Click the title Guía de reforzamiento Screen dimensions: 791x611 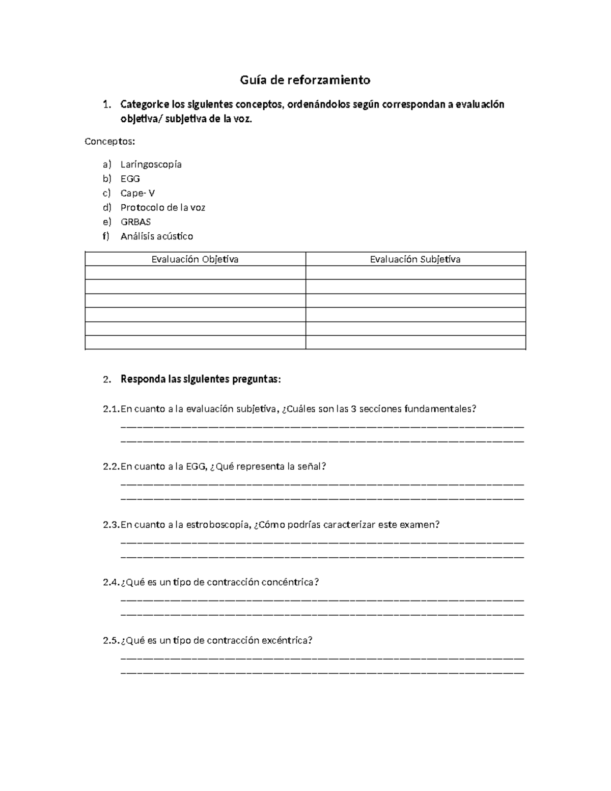point(305,80)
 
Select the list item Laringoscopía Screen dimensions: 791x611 point(151,165)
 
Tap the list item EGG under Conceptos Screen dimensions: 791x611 point(130,179)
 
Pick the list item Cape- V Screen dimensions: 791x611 point(137,193)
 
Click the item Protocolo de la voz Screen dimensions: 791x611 point(162,207)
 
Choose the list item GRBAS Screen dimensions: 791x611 point(135,222)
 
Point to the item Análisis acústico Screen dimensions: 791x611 point(156,236)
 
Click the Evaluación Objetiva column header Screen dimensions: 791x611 point(195,259)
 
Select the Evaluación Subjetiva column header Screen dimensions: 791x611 point(415,259)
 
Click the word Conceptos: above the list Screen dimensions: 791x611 point(110,141)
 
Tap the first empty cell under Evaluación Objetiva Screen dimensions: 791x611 point(195,273)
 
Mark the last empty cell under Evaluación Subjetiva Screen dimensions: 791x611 point(415,342)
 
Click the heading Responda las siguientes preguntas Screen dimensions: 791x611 point(200,379)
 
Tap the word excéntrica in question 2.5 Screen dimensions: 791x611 point(286,640)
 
